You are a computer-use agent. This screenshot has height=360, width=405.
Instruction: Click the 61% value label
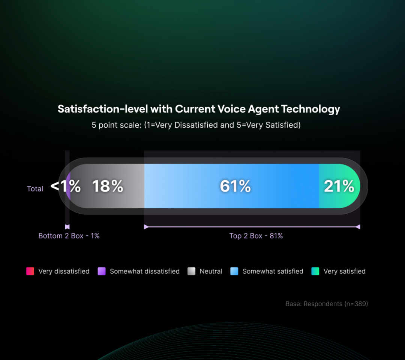pos(235,186)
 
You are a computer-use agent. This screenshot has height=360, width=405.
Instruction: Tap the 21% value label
pos(339,186)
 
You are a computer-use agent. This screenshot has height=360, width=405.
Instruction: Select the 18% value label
pos(108,186)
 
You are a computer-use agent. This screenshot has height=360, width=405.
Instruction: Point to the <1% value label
pos(66,186)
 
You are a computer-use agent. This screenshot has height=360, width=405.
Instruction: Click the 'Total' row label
pos(35,189)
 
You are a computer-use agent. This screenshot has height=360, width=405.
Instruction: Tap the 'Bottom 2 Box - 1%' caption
pos(69,236)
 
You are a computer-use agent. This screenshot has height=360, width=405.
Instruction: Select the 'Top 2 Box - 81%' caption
pos(256,236)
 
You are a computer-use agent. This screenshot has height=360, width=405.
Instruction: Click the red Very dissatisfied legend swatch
pos(30,271)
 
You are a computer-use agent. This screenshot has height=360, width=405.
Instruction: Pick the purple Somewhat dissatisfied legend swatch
pos(102,271)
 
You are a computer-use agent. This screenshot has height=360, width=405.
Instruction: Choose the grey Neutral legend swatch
pos(192,271)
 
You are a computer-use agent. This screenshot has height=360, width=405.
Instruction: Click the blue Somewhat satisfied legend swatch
pos(234,271)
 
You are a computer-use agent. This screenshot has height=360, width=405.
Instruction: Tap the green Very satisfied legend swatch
pos(315,271)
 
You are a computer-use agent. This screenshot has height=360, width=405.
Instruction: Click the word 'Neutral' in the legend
pos(211,271)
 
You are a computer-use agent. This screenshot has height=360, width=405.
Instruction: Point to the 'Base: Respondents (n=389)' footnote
pos(327,304)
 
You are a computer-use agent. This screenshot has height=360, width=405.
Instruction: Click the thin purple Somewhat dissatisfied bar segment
pos(68,186)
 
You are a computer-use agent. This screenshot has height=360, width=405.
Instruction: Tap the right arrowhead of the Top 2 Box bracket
pos(358,227)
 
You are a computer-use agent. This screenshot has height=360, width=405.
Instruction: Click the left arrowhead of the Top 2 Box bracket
pos(146,227)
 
